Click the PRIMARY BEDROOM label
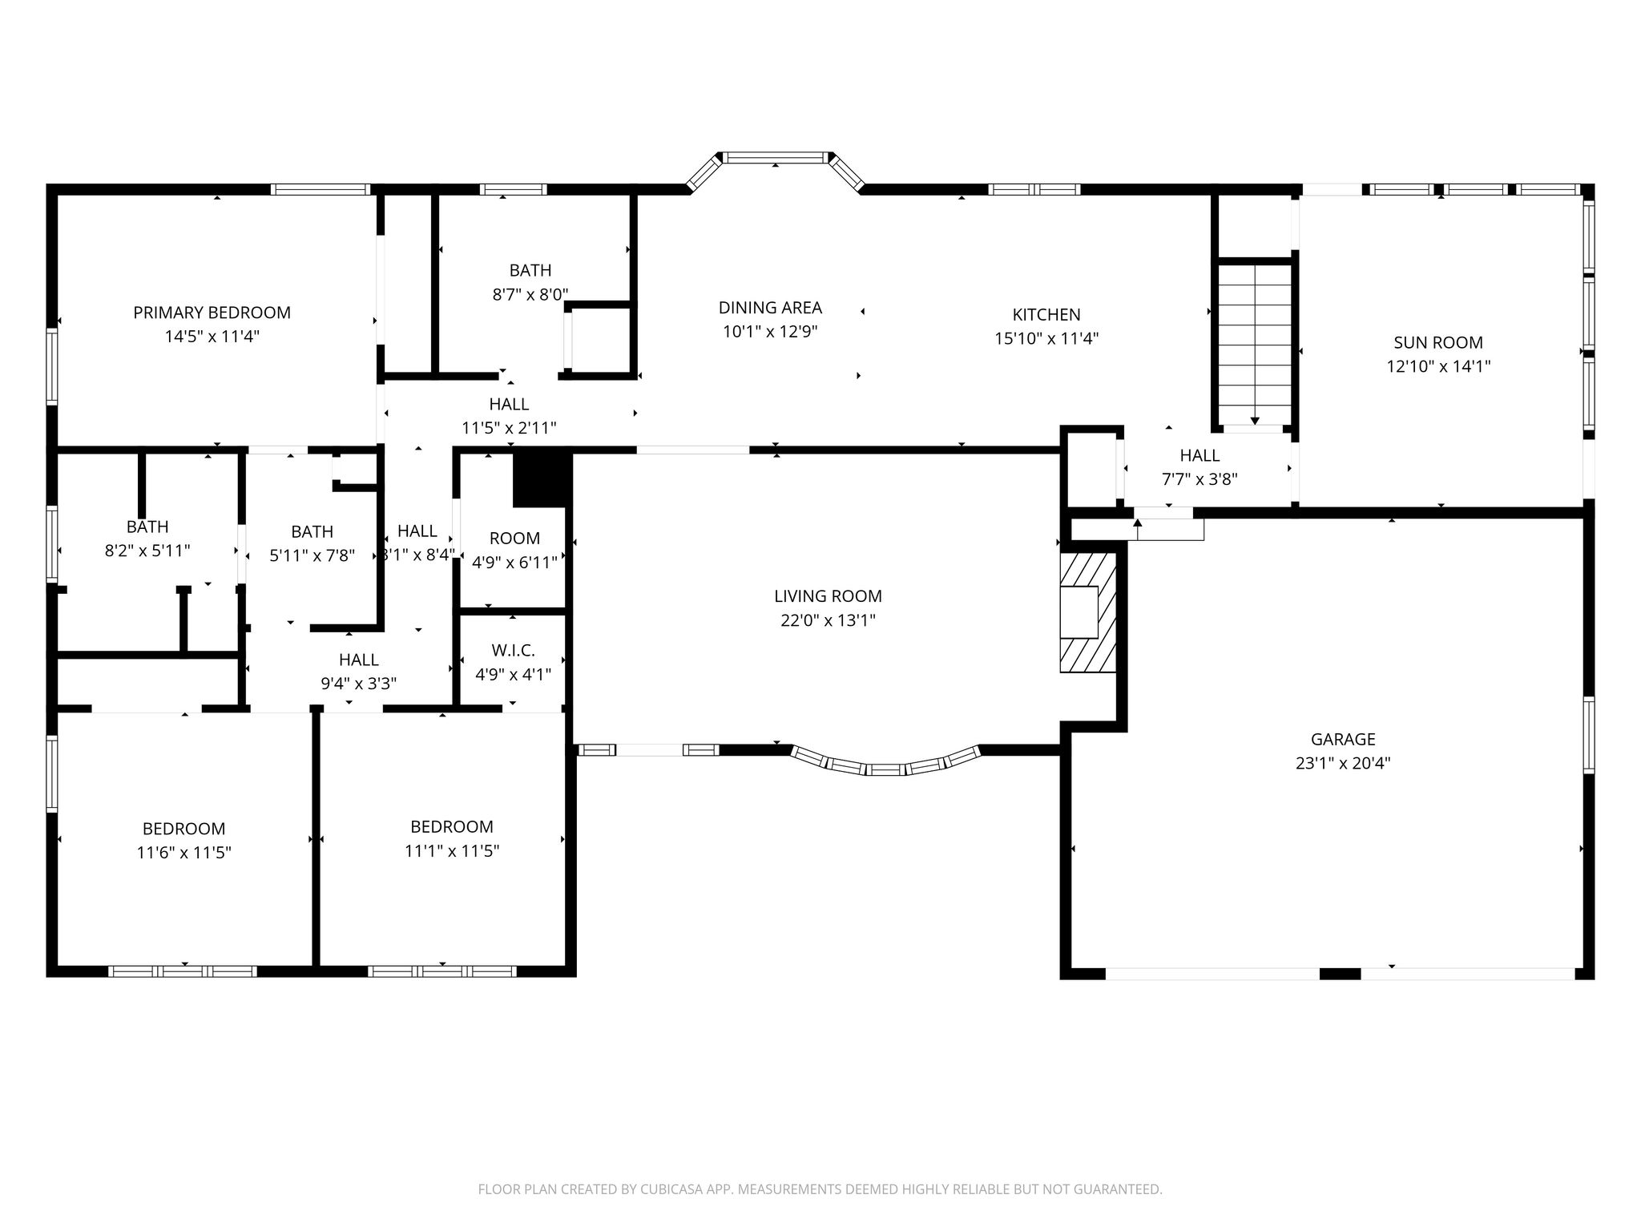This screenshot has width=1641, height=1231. pos(212,313)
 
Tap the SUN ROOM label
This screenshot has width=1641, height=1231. pos(1438,343)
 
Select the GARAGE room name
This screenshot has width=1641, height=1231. pos(1343,740)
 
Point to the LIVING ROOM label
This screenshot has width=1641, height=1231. pos(828,596)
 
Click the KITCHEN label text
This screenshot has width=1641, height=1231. pos(1046,315)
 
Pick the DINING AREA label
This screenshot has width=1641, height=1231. pos(770,308)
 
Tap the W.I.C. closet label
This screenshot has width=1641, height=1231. pos(513,651)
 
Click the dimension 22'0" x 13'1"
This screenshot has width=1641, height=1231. pos(828,620)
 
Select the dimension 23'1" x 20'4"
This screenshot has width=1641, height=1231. pos(1343,763)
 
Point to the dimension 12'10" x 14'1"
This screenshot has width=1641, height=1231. pos(1438,367)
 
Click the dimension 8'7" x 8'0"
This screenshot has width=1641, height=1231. pos(530,294)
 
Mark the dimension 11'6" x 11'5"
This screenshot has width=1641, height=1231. pos(184,853)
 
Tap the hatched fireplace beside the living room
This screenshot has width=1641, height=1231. pos(1088,611)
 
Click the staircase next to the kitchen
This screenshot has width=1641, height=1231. pos(1255,345)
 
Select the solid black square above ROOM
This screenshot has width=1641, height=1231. pos(542,478)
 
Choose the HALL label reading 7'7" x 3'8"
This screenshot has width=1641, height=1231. pos(1200,467)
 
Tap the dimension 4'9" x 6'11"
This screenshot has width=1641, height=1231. pos(514,563)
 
